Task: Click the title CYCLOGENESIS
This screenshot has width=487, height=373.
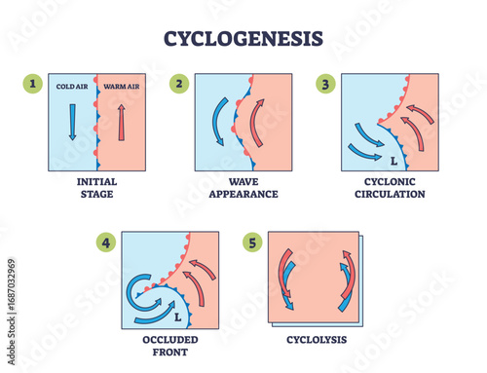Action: [243, 40]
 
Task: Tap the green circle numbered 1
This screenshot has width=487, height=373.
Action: [35, 85]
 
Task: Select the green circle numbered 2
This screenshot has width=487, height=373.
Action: [179, 85]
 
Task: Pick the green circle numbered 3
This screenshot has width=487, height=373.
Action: [324, 85]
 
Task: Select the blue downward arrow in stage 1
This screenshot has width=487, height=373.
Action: [71, 122]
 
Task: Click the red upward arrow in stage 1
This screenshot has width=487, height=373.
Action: [121, 122]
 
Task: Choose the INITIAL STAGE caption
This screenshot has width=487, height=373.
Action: [95, 187]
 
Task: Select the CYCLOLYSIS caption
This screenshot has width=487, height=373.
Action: [313, 340]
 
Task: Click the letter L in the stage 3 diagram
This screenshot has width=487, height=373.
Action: [393, 161]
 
